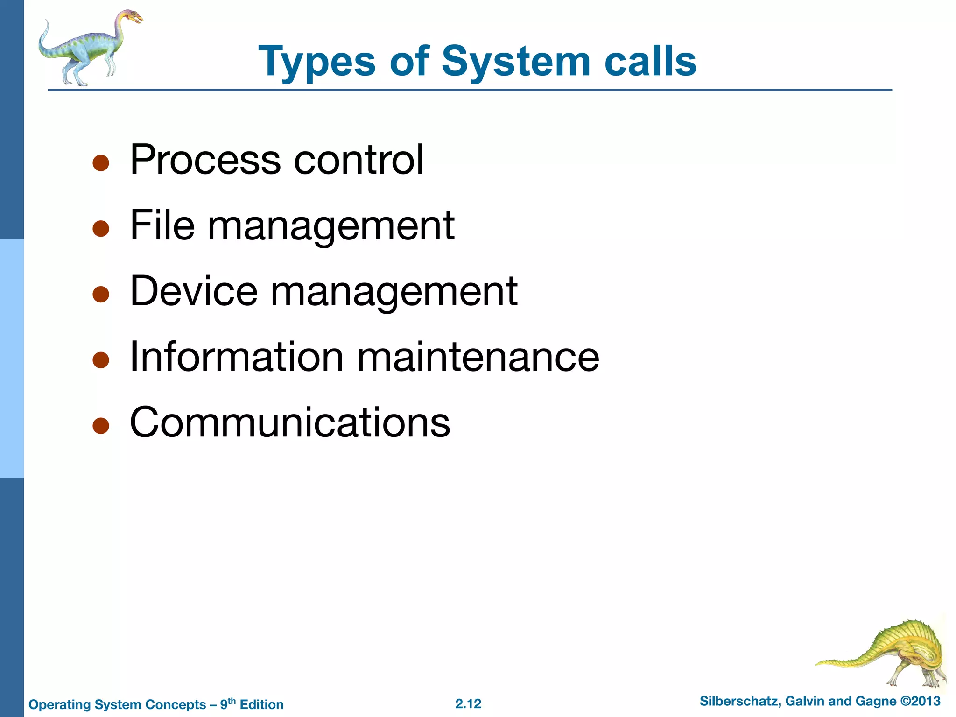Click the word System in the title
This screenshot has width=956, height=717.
[x=516, y=62]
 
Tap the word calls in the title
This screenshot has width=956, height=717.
[x=650, y=62]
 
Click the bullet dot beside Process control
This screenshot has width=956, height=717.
[x=101, y=163]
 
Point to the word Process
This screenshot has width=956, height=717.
[x=205, y=160]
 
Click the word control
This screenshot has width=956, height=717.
[x=358, y=160]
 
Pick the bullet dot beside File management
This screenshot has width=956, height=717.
[x=101, y=229]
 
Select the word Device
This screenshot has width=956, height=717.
[x=194, y=291]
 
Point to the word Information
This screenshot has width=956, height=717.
[x=237, y=357]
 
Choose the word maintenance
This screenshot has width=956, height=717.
[x=478, y=357]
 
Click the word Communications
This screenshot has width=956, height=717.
[x=290, y=422]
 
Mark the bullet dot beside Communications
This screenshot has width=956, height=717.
[x=101, y=426]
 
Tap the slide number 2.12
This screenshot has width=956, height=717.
[x=468, y=704]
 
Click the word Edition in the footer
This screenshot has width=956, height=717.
[x=261, y=704]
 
